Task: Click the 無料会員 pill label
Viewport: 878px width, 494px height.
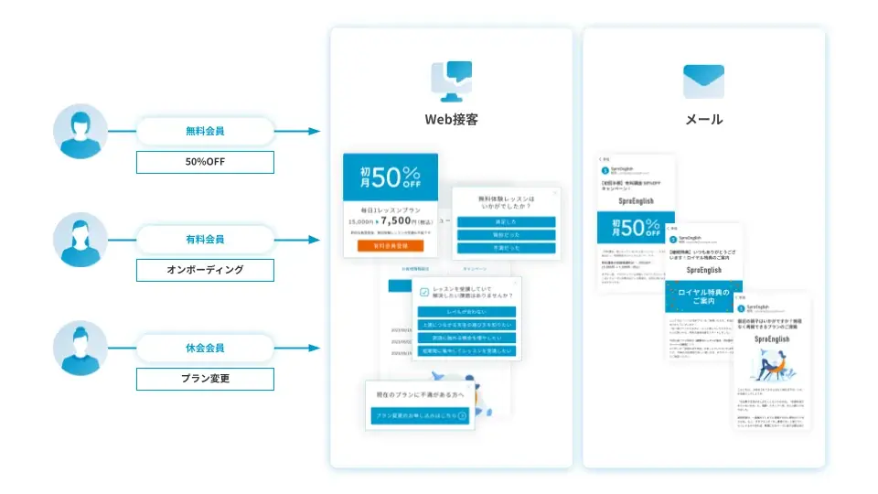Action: point(205,131)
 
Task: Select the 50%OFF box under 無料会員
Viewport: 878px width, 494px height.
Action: point(205,162)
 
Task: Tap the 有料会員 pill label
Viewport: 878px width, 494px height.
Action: point(205,239)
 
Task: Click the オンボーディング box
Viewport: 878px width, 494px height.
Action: point(205,270)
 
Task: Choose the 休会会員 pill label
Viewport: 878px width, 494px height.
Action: point(205,348)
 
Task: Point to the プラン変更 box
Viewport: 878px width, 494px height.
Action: point(205,379)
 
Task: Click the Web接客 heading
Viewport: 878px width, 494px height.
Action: point(451,119)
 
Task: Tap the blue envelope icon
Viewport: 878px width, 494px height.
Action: point(703,81)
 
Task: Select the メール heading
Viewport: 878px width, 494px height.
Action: point(703,119)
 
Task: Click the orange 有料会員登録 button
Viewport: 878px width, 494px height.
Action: point(391,245)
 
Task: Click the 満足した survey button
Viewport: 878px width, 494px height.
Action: point(506,221)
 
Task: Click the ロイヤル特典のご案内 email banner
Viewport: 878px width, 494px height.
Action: point(703,296)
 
